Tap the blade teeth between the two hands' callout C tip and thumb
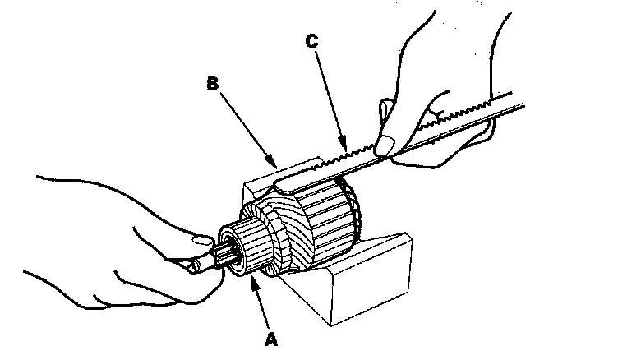point(362,150)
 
